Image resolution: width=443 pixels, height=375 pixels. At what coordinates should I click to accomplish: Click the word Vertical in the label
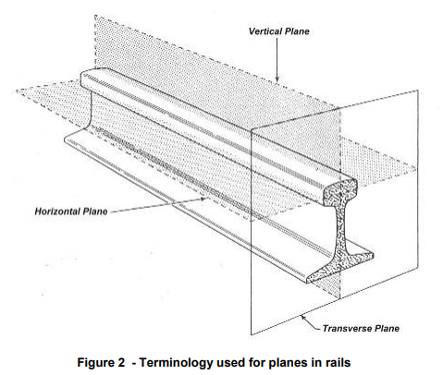click(265, 31)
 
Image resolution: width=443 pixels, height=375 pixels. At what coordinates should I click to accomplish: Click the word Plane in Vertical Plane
click(297, 31)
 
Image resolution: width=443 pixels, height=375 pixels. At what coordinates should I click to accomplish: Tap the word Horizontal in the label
click(56, 212)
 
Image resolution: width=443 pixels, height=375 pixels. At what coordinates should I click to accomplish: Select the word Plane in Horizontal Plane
click(94, 212)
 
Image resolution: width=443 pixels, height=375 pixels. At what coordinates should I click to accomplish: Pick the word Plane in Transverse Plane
click(387, 329)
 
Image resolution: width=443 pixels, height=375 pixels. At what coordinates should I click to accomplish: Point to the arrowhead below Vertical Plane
click(277, 79)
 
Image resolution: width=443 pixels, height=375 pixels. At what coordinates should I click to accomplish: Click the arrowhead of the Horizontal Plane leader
click(203, 199)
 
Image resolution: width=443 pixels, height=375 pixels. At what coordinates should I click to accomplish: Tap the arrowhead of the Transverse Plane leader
click(303, 318)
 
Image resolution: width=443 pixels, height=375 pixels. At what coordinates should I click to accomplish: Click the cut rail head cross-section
click(340, 192)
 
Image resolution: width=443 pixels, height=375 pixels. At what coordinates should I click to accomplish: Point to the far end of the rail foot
click(67, 139)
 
